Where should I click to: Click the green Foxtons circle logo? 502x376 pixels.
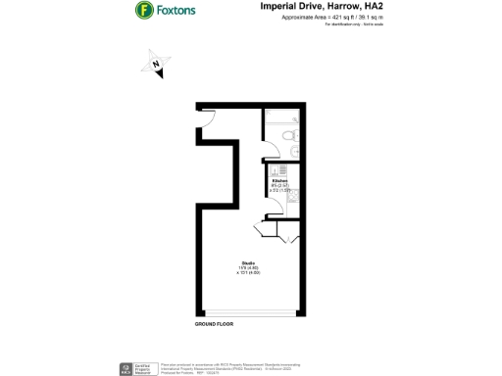(144, 11)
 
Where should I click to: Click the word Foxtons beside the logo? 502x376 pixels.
(180, 11)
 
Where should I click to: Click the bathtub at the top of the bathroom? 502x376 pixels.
(285, 117)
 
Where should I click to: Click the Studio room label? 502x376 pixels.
(249, 263)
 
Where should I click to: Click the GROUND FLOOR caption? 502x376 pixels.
(214, 322)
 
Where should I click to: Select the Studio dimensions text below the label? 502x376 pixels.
(249, 271)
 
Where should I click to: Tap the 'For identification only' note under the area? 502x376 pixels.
(348, 24)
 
